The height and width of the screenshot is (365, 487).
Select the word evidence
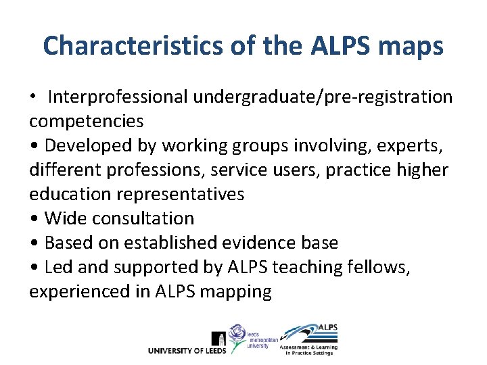click(x=262, y=243)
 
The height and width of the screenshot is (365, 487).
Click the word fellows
click(x=386, y=267)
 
